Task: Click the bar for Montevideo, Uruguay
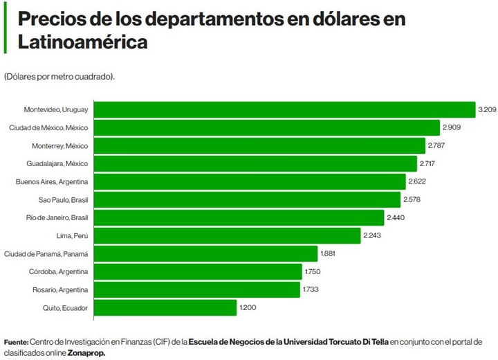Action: click(284, 109)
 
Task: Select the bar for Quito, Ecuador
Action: click(165, 307)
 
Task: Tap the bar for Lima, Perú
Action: click(227, 235)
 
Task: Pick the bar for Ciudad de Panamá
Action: click(205, 253)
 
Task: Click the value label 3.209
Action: click(487, 109)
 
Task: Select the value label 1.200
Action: click(248, 307)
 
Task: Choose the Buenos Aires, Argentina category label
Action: click(53, 181)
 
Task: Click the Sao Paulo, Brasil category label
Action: click(62, 199)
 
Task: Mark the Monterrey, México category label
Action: click(60, 145)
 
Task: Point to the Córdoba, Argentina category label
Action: click(58, 271)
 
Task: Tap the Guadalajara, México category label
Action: click(57, 163)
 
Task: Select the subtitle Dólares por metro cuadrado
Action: click(59, 76)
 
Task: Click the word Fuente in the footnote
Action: click(16, 342)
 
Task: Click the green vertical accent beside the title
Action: click(5, 30)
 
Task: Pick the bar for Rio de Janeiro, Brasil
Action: click(239, 217)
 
